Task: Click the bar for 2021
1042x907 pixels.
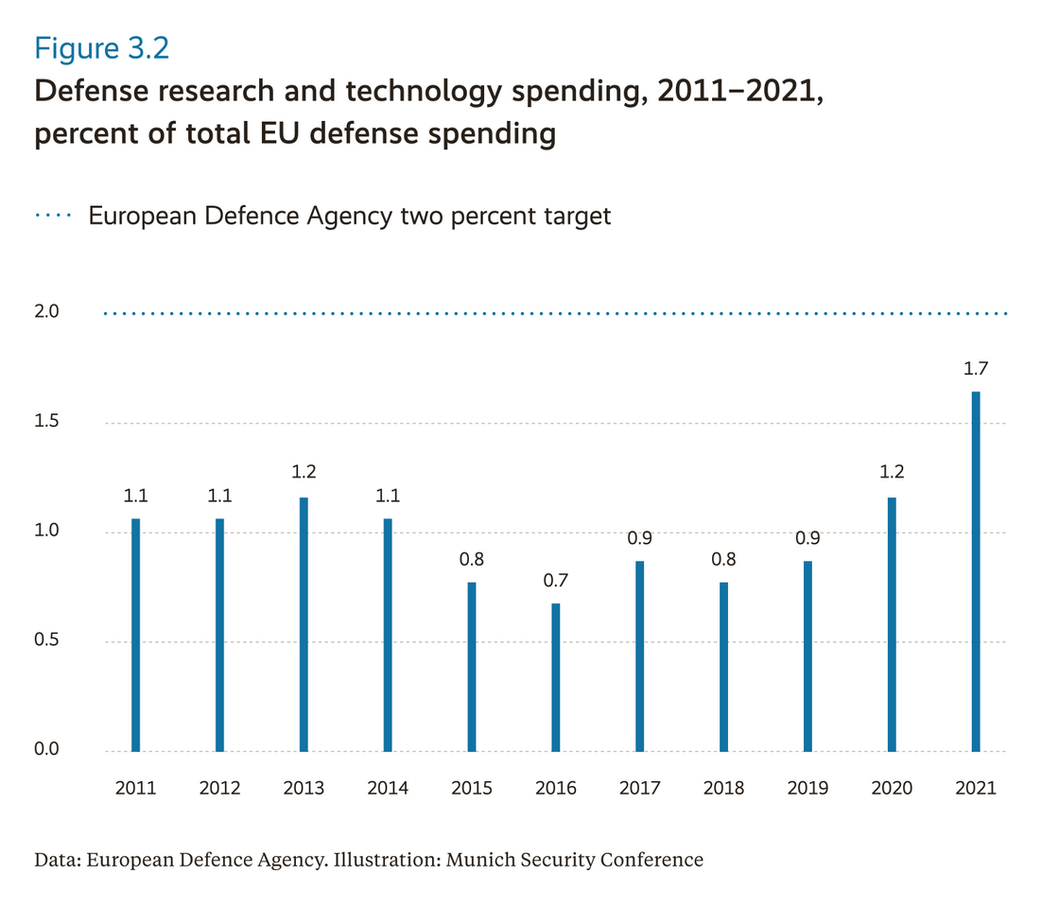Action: (976, 571)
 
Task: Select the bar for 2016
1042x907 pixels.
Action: (556, 677)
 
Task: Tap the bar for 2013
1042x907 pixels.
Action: (304, 624)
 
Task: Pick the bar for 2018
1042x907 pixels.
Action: (723, 667)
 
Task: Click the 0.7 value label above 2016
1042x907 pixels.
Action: (556, 581)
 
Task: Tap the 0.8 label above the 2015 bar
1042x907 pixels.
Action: (472, 559)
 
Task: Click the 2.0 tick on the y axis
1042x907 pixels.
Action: (46, 312)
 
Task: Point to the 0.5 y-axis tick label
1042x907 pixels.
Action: (46, 641)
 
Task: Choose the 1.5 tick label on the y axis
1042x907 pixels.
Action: (46, 422)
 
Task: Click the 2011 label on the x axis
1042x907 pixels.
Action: (135, 788)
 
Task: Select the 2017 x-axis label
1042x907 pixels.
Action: (639, 788)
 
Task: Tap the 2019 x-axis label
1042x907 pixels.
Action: (808, 788)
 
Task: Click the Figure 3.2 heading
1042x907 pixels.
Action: (102, 48)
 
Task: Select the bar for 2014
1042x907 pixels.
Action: (388, 635)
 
